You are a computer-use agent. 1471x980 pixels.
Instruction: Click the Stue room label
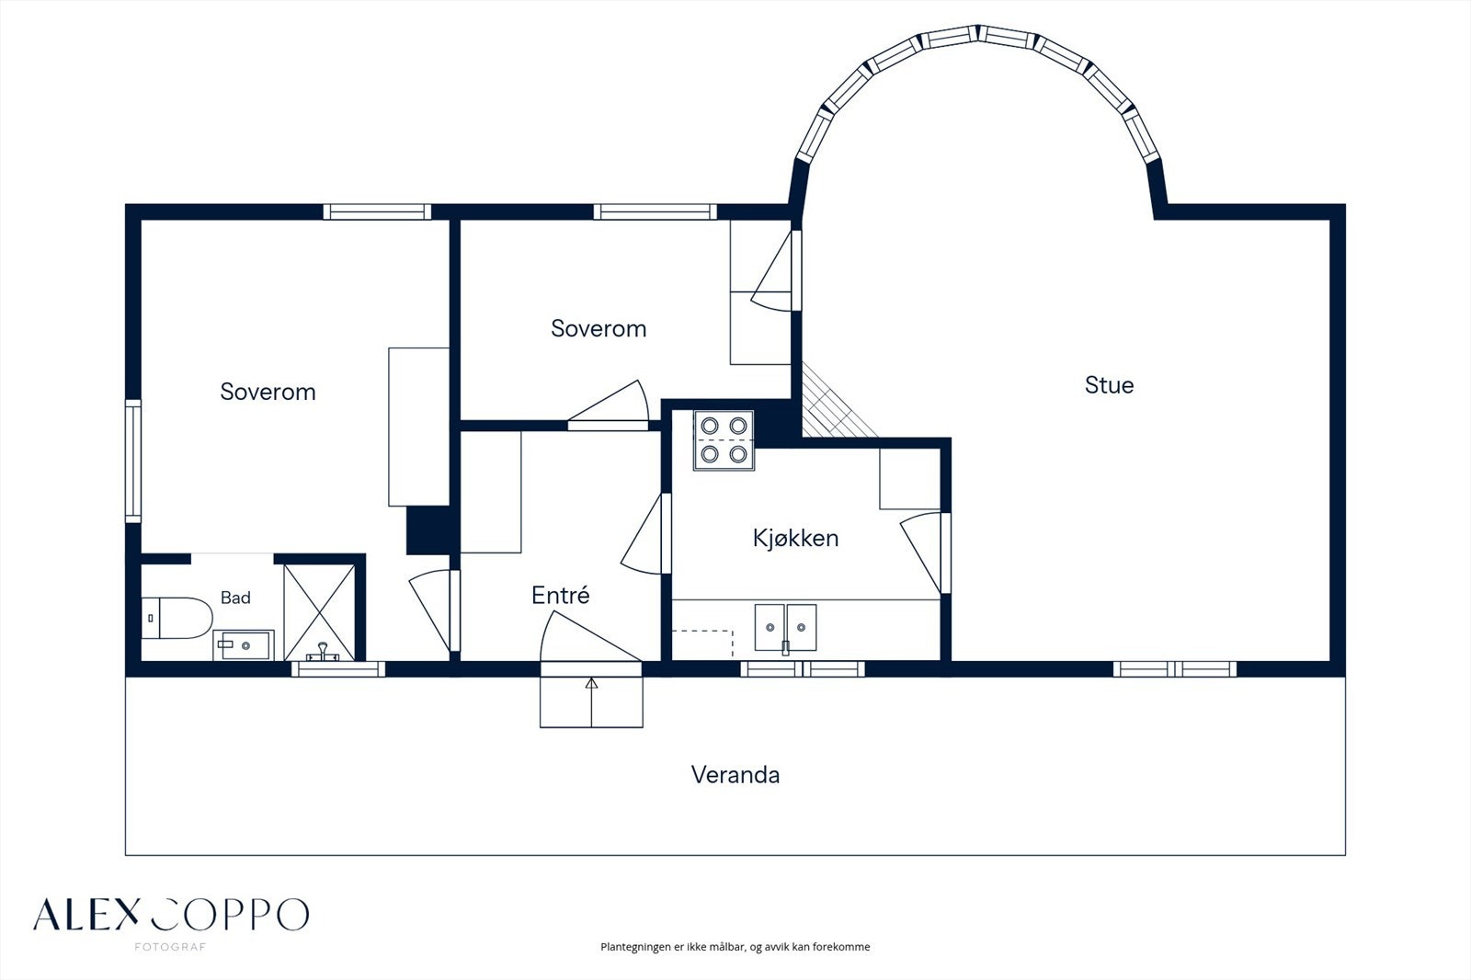1109,385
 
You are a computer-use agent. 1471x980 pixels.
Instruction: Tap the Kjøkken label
795,538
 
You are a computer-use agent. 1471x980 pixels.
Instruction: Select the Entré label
560,595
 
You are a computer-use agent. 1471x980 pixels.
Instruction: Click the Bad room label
235,598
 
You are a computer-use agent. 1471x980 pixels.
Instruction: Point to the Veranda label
735,775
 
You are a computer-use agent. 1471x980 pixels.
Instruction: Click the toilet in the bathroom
177,618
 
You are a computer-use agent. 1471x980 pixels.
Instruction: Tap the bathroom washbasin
243,645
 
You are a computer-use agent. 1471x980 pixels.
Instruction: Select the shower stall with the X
319,612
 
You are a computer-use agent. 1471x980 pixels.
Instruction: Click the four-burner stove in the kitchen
724,440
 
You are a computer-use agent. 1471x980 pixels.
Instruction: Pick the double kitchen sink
785,628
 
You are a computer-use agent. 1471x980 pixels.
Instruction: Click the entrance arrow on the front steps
591,702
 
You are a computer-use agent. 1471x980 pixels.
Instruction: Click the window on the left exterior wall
132,462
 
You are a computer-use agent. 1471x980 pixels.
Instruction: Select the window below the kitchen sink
803,668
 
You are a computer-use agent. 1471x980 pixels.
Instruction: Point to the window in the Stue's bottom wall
1175,668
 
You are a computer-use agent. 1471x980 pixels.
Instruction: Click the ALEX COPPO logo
171,915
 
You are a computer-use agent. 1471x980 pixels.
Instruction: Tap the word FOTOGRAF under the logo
170,947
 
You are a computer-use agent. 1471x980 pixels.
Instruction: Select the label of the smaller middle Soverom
599,328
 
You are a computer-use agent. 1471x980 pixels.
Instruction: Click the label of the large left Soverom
268,392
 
